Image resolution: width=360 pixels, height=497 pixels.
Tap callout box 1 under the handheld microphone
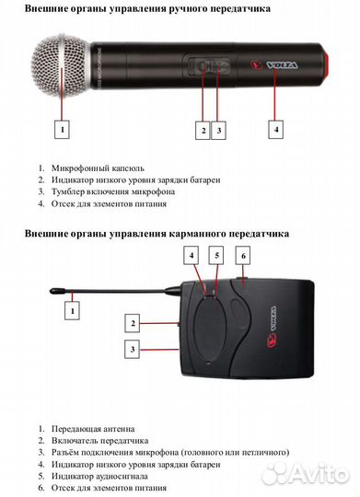[x=62, y=130]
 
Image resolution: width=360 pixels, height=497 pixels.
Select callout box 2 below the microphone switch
[x=203, y=130]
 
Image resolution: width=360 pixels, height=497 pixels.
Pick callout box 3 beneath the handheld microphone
[x=218, y=130]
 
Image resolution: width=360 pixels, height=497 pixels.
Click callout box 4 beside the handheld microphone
[x=276, y=130]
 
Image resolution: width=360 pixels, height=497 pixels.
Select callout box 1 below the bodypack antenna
[x=73, y=313]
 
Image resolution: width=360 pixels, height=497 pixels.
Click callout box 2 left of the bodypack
[x=133, y=323]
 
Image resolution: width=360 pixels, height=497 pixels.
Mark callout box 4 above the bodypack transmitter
[x=191, y=254]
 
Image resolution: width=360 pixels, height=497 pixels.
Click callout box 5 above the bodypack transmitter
[x=217, y=254]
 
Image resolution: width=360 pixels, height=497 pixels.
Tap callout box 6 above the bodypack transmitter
[x=244, y=254]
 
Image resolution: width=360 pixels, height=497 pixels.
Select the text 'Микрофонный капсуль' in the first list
[x=93, y=168]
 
